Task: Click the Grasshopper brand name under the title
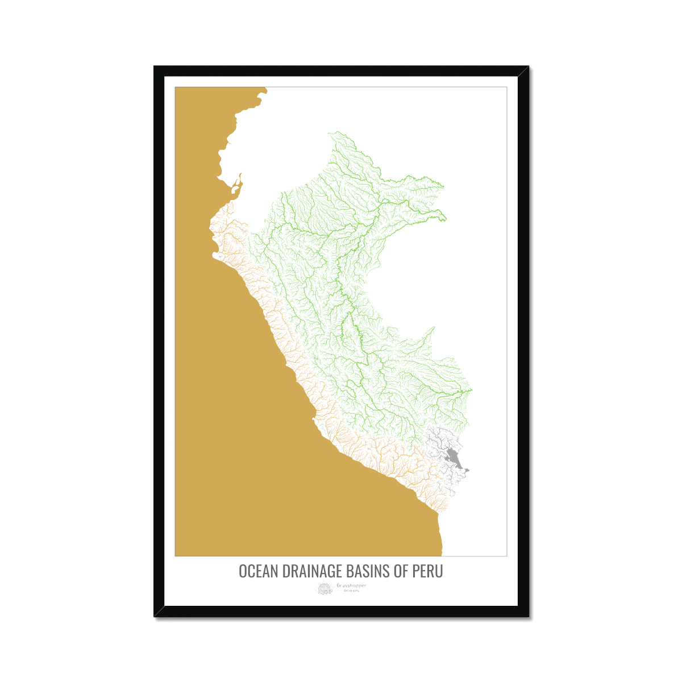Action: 351,585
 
